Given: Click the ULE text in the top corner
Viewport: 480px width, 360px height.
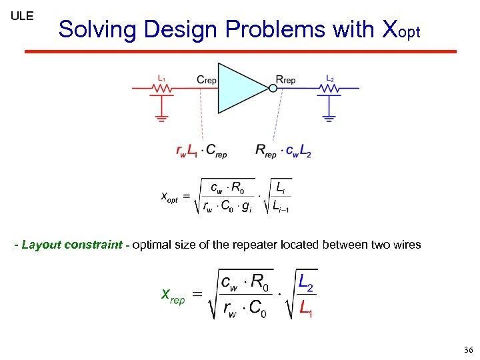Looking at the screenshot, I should click(x=22, y=15).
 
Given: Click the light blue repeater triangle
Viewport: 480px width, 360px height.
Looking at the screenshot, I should click(x=240, y=88).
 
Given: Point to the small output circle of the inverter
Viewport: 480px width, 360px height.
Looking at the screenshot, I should click(x=272, y=88).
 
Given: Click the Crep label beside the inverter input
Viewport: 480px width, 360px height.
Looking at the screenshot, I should click(x=207, y=80).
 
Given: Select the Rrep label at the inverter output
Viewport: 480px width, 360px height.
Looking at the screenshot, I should click(x=285, y=80).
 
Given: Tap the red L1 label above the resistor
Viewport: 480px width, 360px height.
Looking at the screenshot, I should click(x=161, y=77).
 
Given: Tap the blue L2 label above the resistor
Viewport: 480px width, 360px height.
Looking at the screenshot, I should click(x=329, y=77).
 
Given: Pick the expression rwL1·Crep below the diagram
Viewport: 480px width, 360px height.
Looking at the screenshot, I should click(x=201, y=151).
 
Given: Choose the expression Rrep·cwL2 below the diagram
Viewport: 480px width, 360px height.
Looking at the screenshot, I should click(x=283, y=151).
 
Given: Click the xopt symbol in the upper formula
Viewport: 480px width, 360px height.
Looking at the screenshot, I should click(x=169, y=197).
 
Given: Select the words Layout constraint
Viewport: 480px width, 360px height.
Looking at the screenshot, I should click(x=71, y=245).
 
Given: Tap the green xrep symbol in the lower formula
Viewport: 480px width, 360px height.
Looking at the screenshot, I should click(x=173, y=295).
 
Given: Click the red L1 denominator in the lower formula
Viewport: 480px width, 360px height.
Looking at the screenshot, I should click(x=306, y=310).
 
